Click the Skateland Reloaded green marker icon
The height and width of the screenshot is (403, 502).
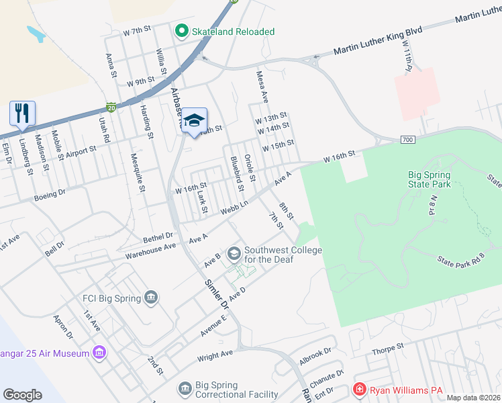tap(181, 31)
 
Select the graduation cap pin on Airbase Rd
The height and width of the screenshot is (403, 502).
tap(194, 120)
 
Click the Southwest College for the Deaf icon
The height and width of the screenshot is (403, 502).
tap(234, 253)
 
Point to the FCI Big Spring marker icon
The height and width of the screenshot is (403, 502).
tap(150, 298)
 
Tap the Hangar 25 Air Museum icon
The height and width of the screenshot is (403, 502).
tap(99, 352)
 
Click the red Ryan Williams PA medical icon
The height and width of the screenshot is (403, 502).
tap(360, 390)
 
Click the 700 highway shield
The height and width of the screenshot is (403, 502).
tap(408, 139)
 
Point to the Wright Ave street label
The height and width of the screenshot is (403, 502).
tap(215, 355)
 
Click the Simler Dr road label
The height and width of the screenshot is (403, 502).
tap(217, 294)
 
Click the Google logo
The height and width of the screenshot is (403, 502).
tap(22, 394)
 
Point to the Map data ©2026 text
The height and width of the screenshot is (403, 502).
tap(473, 398)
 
